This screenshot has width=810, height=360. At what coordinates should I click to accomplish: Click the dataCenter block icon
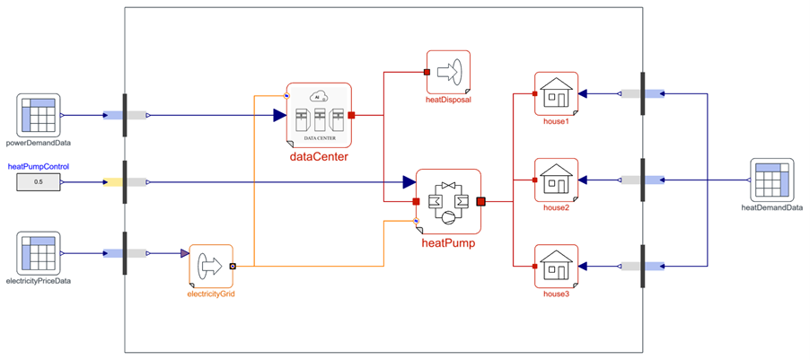(x=319, y=115)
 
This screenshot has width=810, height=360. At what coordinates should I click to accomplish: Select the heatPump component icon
(x=448, y=201)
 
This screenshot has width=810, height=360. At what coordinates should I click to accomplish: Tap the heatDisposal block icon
(x=448, y=72)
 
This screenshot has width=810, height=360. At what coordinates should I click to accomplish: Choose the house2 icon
(x=556, y=180)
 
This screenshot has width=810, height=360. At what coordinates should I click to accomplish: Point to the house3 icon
(x=556, y=266)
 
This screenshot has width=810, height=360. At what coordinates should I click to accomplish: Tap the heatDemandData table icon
(x=771, y=180)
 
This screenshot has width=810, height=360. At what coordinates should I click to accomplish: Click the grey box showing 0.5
(x=39, y=182)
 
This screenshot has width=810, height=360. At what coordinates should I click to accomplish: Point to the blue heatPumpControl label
(x=39, y=167)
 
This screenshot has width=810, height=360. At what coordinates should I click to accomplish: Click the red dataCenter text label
(x=319, y=157)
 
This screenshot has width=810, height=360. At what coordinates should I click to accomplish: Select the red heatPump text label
(x=448, y=242)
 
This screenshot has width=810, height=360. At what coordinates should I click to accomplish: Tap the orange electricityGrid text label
(x=211, y=294)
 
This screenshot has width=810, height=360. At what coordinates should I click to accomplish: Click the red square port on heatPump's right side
(x=480, y=201)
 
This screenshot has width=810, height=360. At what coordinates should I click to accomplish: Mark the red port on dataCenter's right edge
(x=351, y=115)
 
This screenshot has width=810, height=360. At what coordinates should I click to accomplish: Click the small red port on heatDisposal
(x=427, y=72)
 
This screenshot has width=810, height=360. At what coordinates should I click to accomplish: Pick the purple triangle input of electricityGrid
(x=184, y=254)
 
